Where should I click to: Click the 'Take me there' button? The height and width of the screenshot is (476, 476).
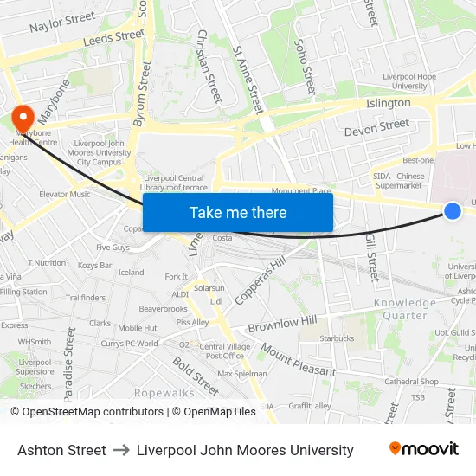click(238, 212)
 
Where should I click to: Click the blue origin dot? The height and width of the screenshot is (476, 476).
click(452, 210)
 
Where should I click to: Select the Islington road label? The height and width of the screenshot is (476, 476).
click(389, 103)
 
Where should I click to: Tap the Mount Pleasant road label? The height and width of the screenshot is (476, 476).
click(299, 360)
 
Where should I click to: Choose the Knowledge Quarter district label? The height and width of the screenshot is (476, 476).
click(405, 309)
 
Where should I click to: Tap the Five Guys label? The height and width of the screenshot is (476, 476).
click(113, 247)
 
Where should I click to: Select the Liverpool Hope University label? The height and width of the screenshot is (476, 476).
click(411, 81)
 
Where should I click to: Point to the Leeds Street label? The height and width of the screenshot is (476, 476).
click(113, 37)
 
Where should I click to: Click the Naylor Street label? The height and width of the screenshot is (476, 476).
click(62, 22)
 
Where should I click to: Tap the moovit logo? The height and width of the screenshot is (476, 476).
click(424, 449)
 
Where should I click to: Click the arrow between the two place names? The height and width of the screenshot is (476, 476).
click(121, 450)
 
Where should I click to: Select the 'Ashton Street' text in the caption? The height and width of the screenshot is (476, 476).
click(61, 450)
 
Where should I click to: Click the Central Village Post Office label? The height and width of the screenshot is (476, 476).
click(223, 351)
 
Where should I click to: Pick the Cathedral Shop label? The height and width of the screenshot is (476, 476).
click(412, 381)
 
